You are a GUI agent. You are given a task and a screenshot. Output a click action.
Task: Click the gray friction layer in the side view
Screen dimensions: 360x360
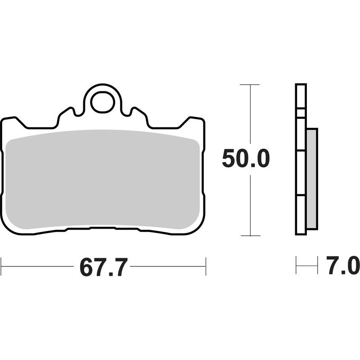click(312, 178)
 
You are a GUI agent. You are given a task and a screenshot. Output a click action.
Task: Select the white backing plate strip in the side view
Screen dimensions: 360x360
click(301, 160)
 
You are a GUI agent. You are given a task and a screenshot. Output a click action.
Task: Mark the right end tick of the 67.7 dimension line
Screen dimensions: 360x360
click(206, 266)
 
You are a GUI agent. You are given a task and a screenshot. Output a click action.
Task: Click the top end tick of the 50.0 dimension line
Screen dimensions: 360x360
click(249, 85)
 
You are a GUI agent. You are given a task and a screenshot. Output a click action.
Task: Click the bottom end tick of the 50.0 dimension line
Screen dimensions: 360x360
click(249, 235)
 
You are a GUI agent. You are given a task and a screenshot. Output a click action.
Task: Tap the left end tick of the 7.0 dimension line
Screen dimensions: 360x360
click(296, 265)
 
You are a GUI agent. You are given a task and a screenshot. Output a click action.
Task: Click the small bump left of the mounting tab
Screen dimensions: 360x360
click(67, 112)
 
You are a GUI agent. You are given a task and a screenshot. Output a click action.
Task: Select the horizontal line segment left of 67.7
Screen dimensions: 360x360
click(38, 266)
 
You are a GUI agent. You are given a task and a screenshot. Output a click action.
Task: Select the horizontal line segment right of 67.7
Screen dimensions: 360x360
click(167, 266)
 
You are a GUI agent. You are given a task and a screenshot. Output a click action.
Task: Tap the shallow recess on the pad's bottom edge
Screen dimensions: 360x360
click(103, 228)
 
